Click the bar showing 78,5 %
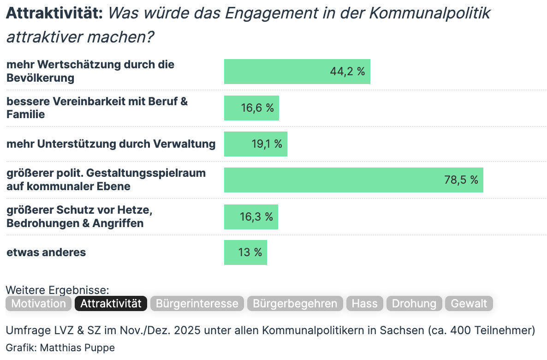point(353,180)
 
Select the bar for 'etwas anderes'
point(245,252)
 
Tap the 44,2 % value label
point(347,72)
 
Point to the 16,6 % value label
point(257,108)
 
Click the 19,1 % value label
point(267,144)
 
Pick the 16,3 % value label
point(256,216)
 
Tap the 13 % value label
point(250,252)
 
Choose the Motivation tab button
point(39,303)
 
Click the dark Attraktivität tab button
point(111,303)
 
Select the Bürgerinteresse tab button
point(197,303)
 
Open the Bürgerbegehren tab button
point(295,303)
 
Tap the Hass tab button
point(364,303)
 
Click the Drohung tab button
point(414,303)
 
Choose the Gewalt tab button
point(469,303)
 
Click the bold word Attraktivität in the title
point(54,14)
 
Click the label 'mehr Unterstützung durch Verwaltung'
point(111,144)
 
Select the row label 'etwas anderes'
point(46,252)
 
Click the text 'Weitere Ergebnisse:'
point(57,290)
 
